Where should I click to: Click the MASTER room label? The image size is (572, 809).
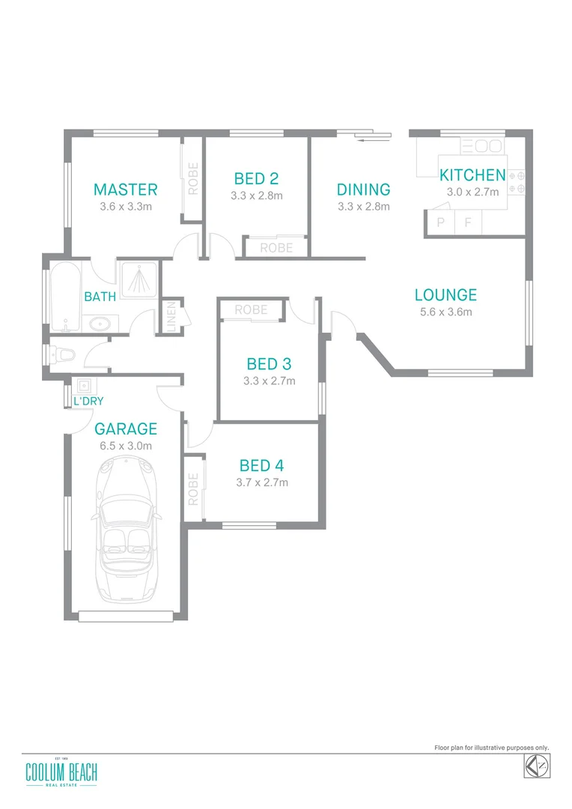click(125, 190)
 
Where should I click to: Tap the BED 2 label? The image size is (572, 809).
click(256, 178)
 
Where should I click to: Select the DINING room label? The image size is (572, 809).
click(363, 190)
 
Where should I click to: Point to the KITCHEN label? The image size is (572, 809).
click(472, 175)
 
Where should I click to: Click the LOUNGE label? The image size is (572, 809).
click(445, 295)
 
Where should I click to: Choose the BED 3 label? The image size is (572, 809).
click(269, 364)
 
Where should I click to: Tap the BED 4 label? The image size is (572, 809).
click(261, 465)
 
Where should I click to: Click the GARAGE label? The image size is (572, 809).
click(126, 429)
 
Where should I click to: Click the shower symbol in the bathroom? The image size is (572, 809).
click(136, 279)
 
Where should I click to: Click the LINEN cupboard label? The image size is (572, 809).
click(171, 316)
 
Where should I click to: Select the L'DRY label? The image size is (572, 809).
click(88, 402)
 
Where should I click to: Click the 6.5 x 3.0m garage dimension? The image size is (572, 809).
click(126, 446)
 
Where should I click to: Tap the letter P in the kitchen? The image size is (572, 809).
click(440, 222)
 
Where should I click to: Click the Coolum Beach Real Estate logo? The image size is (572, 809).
click(61, 774)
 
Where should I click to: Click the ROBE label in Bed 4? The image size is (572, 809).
click(193, 488)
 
